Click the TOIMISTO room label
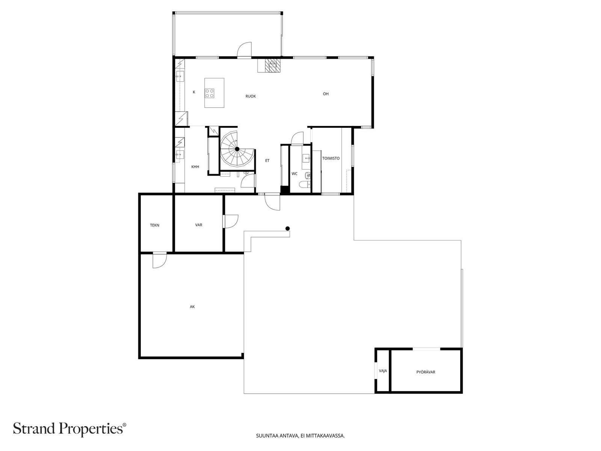tap(331, 158)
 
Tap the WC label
tap(294, 174)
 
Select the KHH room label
tap(195, 167)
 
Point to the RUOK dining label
tap(251, 96)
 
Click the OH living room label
tap(326, 94)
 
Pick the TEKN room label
tap(154, 225)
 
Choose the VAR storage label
tap(198, 225)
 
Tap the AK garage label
tap(192, 307)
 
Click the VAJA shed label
tap(383, 371)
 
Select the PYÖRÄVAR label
tap(426, 372)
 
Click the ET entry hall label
tap(267, 161)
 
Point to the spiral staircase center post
tap(237, 149)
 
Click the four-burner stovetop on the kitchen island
tap(210, 93)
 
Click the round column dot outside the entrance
tap(287, 229)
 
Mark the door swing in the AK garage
tap(160, 260)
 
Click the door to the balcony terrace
tap(244, 50)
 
